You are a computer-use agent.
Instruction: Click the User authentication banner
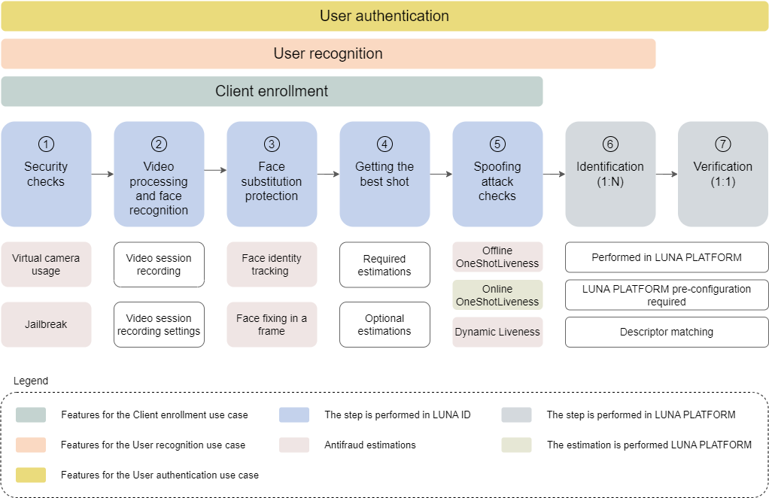point(384,16)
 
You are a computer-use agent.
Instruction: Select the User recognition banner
point(328,54)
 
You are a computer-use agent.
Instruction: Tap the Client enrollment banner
point(272,91)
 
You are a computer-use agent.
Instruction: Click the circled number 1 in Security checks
point(46,144)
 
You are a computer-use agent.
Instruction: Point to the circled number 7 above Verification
point(722,144)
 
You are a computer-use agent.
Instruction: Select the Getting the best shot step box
point(384,175)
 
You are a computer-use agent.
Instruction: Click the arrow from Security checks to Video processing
point(102,174)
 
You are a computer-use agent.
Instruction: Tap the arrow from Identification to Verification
point(667,174)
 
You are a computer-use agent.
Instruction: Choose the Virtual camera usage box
point(46,265)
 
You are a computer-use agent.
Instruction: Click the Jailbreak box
point(46,324)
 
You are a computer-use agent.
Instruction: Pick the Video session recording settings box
point(159,324)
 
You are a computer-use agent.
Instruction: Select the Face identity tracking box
point(272,265)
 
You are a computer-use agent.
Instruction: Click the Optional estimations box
point(384,324)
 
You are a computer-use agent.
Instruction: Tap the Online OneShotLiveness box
point(497,295)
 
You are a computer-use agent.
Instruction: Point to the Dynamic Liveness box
point(497,332)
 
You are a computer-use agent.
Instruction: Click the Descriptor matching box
point(667,332)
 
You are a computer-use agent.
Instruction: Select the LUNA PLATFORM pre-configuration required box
point(667,295)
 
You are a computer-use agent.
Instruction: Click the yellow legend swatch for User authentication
point(31,475)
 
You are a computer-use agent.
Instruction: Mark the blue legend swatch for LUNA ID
point(294,414)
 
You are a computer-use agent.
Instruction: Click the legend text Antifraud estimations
point(370,445)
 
